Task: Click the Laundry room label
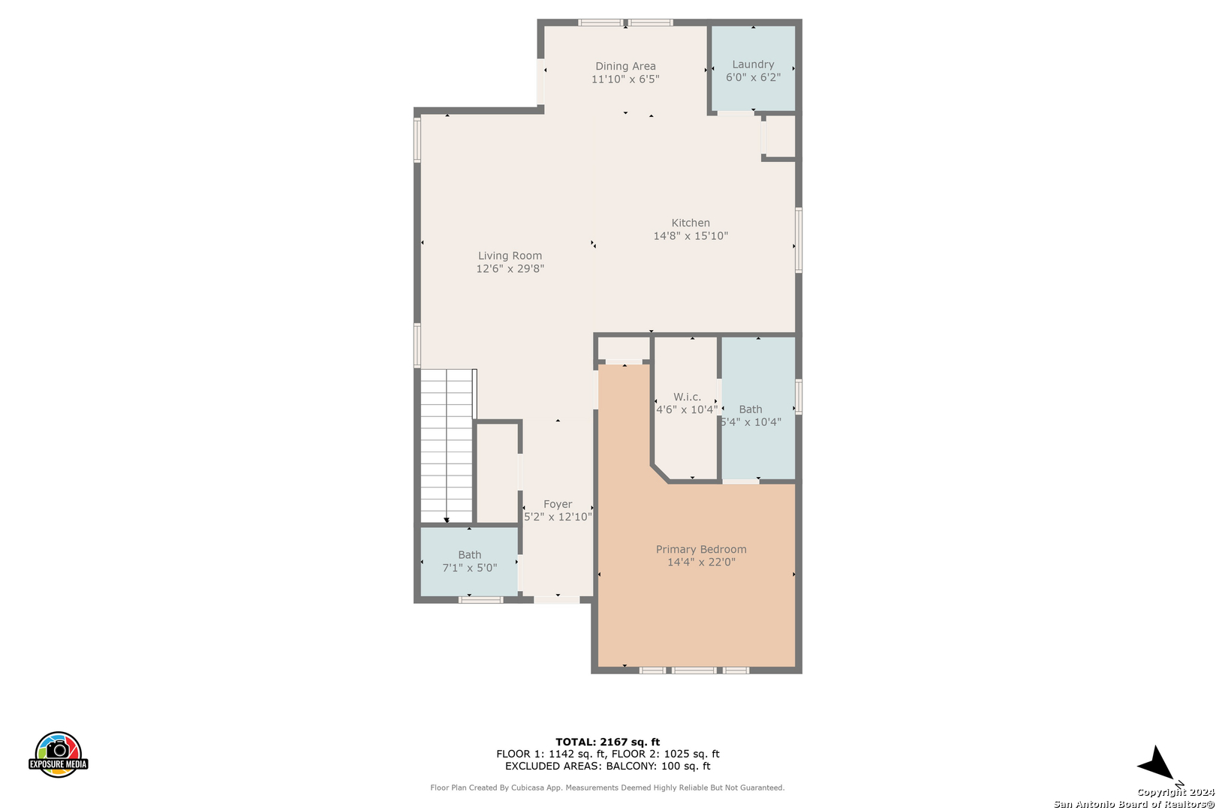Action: tap(753, 64)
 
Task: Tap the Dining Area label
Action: tap(625, 66)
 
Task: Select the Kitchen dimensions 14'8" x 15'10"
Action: tap(691, 236)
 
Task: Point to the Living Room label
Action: tap(510, 256)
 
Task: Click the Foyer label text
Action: tap(558, 504)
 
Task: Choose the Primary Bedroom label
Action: tap(701, 549)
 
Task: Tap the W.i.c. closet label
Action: tap(687, 397)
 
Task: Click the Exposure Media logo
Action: tap(58, 754)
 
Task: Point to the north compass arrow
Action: tap(1156, 764)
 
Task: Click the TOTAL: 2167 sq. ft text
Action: tap(607, 742)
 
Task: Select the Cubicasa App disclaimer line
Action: tap(607, 787)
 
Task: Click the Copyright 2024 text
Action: tap(1175, 792)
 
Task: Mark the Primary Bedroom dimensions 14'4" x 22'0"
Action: tap(701, 562)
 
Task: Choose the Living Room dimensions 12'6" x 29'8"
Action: tap(510, 268)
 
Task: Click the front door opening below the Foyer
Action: tap(557, 599)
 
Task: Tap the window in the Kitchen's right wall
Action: tap(799, 240)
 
